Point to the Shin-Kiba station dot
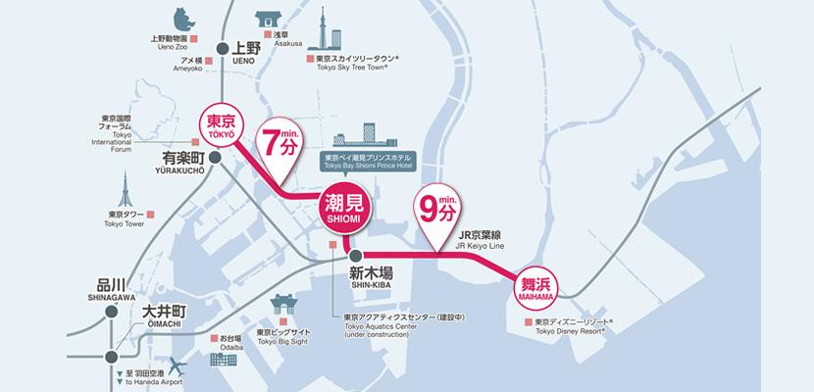point(355,256)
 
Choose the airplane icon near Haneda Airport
point(178,368)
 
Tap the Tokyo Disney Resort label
point(574,326)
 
